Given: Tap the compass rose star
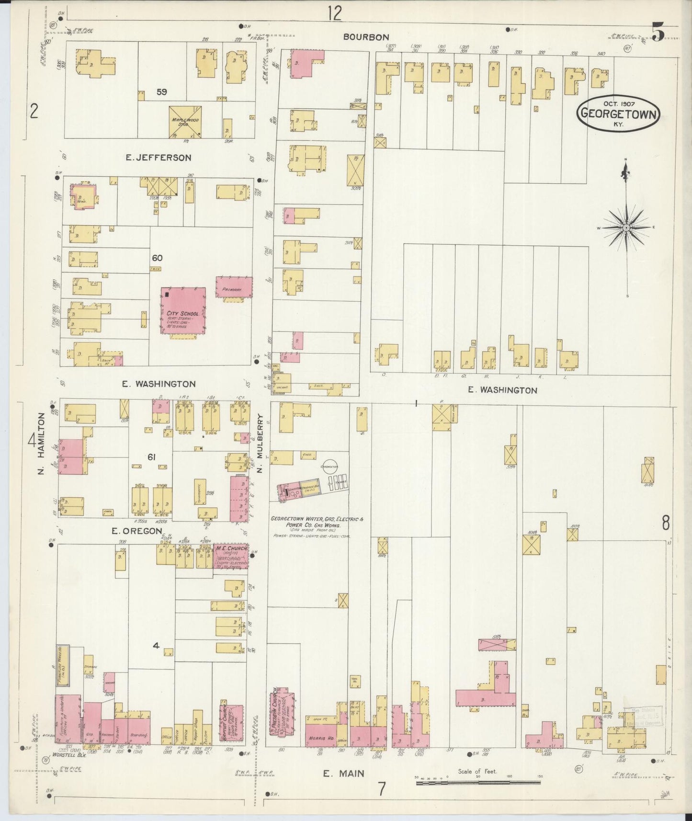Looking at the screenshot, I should pos(625,228).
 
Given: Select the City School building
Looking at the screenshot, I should pos(183,310).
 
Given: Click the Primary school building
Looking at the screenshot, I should pos(234,287).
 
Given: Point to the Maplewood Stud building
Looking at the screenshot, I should pos(185,122).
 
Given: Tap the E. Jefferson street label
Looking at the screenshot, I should pos(158,157).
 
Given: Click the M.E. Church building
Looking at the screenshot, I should pos(231,556).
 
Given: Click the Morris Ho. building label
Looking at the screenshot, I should pos(321,739).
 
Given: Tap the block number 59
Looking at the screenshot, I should pos(162,91).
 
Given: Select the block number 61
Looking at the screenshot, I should pos(151,457).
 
